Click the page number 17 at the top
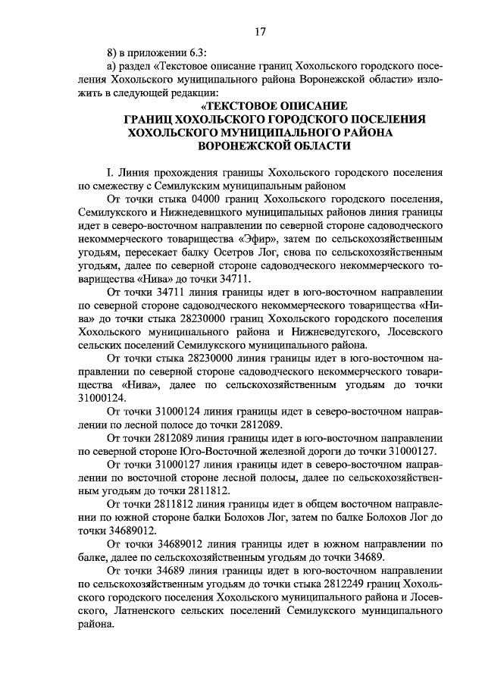click(x=260, y=32)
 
